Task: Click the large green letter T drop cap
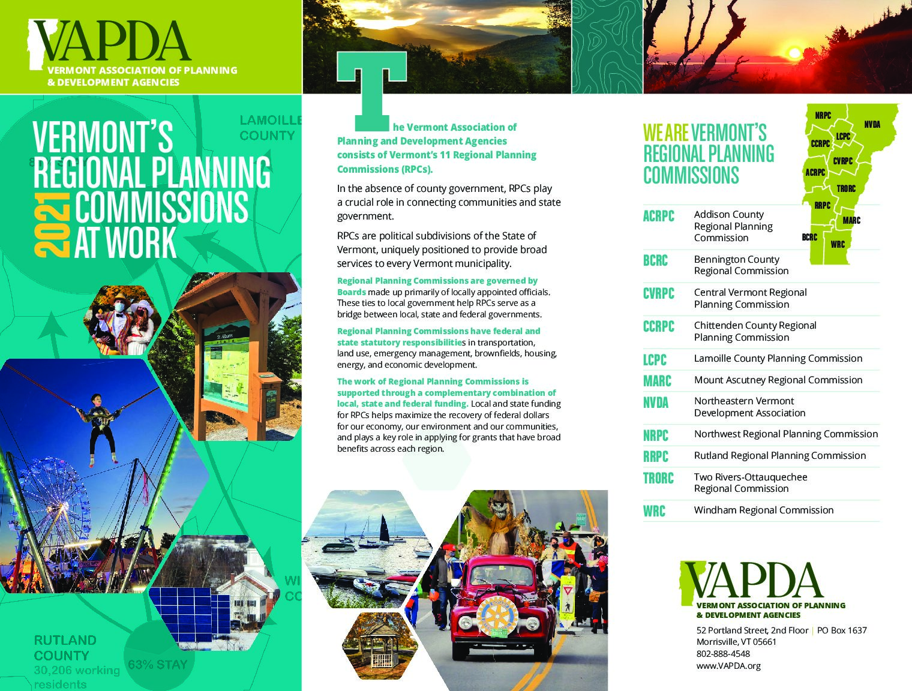click(x=371, y=90)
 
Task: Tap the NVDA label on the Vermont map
click(x=872, y=124)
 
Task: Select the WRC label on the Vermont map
click(x=838, y=244)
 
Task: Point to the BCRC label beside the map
click(x=809, y=237)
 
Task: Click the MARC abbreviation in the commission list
click(x=657, y=381)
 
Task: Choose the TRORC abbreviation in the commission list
click(x=658, y=478)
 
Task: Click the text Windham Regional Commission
click(x=763, y=510)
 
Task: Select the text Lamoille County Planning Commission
click(x=778, y=358)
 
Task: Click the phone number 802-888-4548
click(x=722, y=654)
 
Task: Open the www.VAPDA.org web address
click(x=728, y=666)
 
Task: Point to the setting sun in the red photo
click(x=794, y=53)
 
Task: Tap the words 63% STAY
click(x=157, y=665)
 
